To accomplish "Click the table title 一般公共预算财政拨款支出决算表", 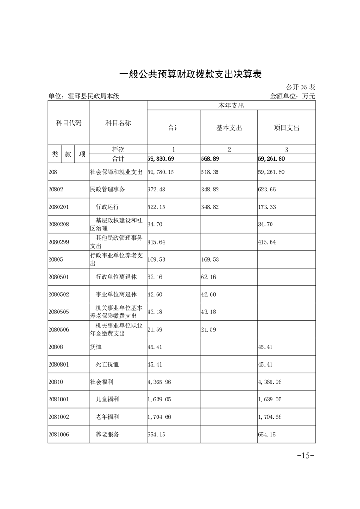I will click(x=191, y=74).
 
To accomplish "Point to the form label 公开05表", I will click(x=301, y=87).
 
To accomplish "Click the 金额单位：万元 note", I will click(x=292, y=96).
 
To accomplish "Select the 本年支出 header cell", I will click(x=231, y=105).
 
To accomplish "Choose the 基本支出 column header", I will click(x=229, y=128).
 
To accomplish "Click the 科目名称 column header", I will click(x=118, y=123).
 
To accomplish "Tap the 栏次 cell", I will click(x=118, y=149).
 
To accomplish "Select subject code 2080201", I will click(x=59, y=207).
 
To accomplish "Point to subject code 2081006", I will click(x=59, y=434).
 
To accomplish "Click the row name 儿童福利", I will click(x=108, y=399).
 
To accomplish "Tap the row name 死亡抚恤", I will click(x=108, y=364).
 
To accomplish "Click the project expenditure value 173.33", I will click(x=266, y=207).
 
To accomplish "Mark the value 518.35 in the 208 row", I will click(x=210, y=172).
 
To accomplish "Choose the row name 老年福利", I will click(x=108, y=416).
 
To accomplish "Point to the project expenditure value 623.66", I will click(x=266, y=189).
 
